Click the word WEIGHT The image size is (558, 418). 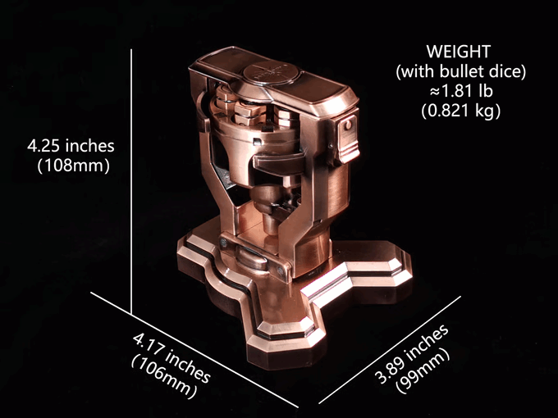pyautogui.click(x=459, y=52)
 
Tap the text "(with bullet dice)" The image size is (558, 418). pyautogui.click(x=461, y=72)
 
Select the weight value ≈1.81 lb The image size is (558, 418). pyautogui.click(x=461, y=91)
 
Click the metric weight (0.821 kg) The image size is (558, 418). pyautogui.click(x=461, y=111)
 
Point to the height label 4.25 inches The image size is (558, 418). pyautogui.click(x=71, y=146)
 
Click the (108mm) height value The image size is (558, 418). pyautogui.click(x=73, y=166)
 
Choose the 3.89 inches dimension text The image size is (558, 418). pyautogui.click(x=412, y=354)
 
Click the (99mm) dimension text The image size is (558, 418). pyautogui.click(x=423, y=370)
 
